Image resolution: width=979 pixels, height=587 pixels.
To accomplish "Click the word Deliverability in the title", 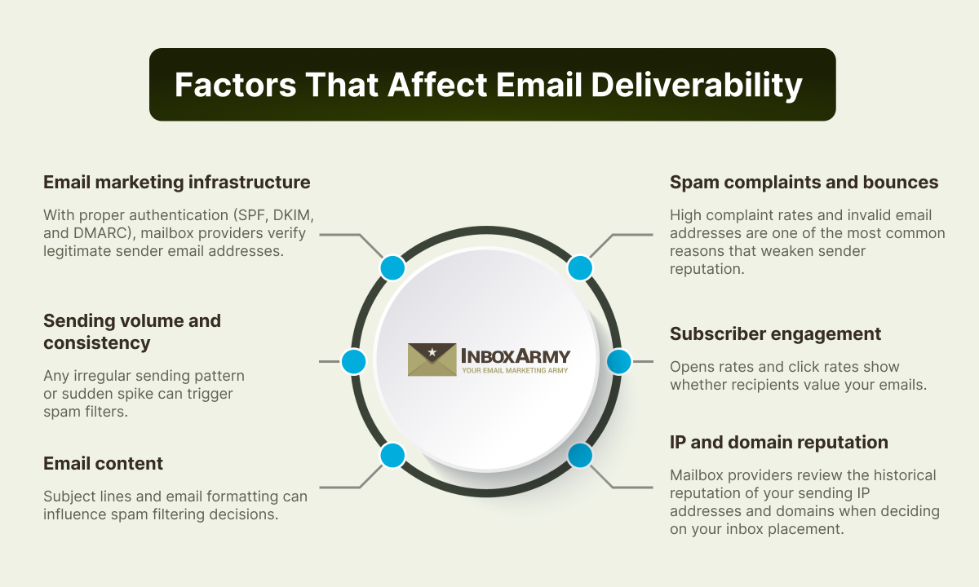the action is pyautogui.click(x=697, y=85).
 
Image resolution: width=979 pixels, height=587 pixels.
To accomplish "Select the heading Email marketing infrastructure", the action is pyautogui.click(x=176, y=182).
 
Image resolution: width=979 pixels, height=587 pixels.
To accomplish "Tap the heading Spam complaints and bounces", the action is pyautogui.click(x=804, y=182).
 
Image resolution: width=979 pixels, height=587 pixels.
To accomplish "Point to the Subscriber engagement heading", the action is pyautogui.click(x=775, y=334).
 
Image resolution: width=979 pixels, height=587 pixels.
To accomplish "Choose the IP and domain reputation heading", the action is pyautogui.click(x=779, y=442).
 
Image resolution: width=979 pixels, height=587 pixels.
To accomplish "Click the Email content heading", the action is pyautogui.click(x=103, y=463).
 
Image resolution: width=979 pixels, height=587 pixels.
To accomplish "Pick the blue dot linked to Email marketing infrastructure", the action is pyautogui.click(x=392, y=267).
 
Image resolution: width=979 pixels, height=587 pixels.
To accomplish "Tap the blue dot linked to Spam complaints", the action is pyautogui.click(x=580, y=267).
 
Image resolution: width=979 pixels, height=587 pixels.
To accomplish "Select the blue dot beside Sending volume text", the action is pyautogui.click(x=353, y=362).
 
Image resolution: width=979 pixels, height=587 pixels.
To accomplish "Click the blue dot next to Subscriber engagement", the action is pyautogui.click(x=619, y=362).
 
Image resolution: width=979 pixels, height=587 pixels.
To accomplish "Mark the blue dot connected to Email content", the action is pyautogui.click(x=392, y=456).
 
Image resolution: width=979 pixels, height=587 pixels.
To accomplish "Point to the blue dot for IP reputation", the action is pyautogui.click(x=580, y=456).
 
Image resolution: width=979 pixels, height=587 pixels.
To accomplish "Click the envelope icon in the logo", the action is pyautogui.click(x=432, y=360).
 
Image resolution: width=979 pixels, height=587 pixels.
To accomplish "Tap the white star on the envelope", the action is pyautogui.click(x=432, y=351).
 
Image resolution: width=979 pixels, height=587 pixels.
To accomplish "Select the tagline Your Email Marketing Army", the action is pyautogui.click(x=515, y=370).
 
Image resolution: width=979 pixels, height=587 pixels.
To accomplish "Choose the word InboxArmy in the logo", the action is pyautogui.click(x=516, y=356).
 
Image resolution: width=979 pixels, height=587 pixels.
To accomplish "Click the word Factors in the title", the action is pyautogui.click(x=236, y=85).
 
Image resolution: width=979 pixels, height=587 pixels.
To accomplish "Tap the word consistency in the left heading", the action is pyautogui.click(x=96, y=343).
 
